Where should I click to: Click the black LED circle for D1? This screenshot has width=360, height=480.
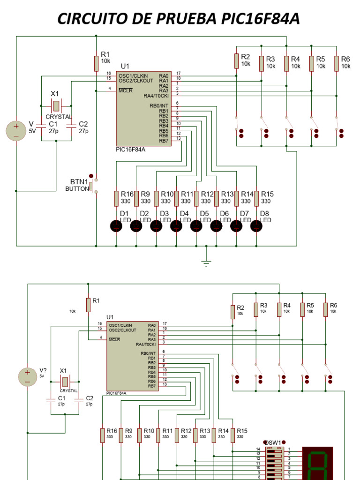116,226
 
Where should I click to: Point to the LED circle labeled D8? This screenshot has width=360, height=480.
256,226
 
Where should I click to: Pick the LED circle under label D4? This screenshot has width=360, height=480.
176,226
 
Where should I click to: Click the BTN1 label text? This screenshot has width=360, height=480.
79,181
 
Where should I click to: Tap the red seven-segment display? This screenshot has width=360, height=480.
318,464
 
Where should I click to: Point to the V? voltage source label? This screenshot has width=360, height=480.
43,370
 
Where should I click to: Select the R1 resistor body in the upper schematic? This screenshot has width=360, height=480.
96,64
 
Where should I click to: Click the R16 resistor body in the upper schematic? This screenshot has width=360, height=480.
116,198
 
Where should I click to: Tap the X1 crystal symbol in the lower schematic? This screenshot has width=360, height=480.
65,381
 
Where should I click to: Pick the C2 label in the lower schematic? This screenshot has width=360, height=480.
90,398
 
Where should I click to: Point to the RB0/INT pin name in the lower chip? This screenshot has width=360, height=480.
148,353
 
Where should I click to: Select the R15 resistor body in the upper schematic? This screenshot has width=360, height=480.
256,198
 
